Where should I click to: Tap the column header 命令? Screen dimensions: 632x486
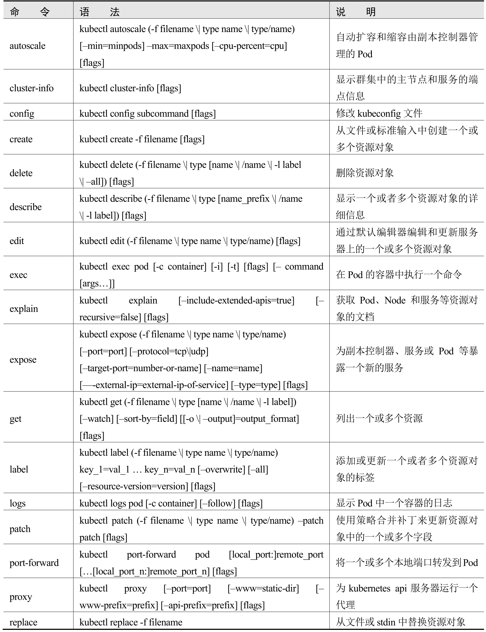30,12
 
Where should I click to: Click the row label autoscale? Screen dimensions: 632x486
27,46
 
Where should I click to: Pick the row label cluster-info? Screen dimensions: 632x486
32,88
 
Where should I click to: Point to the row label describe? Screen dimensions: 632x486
26,207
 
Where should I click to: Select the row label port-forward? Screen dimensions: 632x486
34,563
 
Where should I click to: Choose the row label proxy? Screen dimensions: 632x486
21,596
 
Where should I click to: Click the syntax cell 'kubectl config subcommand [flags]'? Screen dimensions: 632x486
148,113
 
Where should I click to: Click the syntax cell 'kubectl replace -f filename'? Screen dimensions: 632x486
131,622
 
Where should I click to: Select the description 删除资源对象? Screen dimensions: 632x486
365,173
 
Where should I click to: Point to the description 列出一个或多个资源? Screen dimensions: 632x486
379,418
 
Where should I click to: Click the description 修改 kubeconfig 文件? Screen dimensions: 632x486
379,113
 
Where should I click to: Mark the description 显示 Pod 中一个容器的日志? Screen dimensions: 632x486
394,503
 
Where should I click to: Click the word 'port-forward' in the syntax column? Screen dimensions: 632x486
151,554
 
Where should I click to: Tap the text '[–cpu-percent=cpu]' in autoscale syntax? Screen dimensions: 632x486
249,46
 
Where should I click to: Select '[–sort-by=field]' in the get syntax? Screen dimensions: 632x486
147,419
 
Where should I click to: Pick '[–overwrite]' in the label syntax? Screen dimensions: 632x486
221,469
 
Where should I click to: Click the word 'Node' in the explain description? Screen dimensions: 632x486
395,300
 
